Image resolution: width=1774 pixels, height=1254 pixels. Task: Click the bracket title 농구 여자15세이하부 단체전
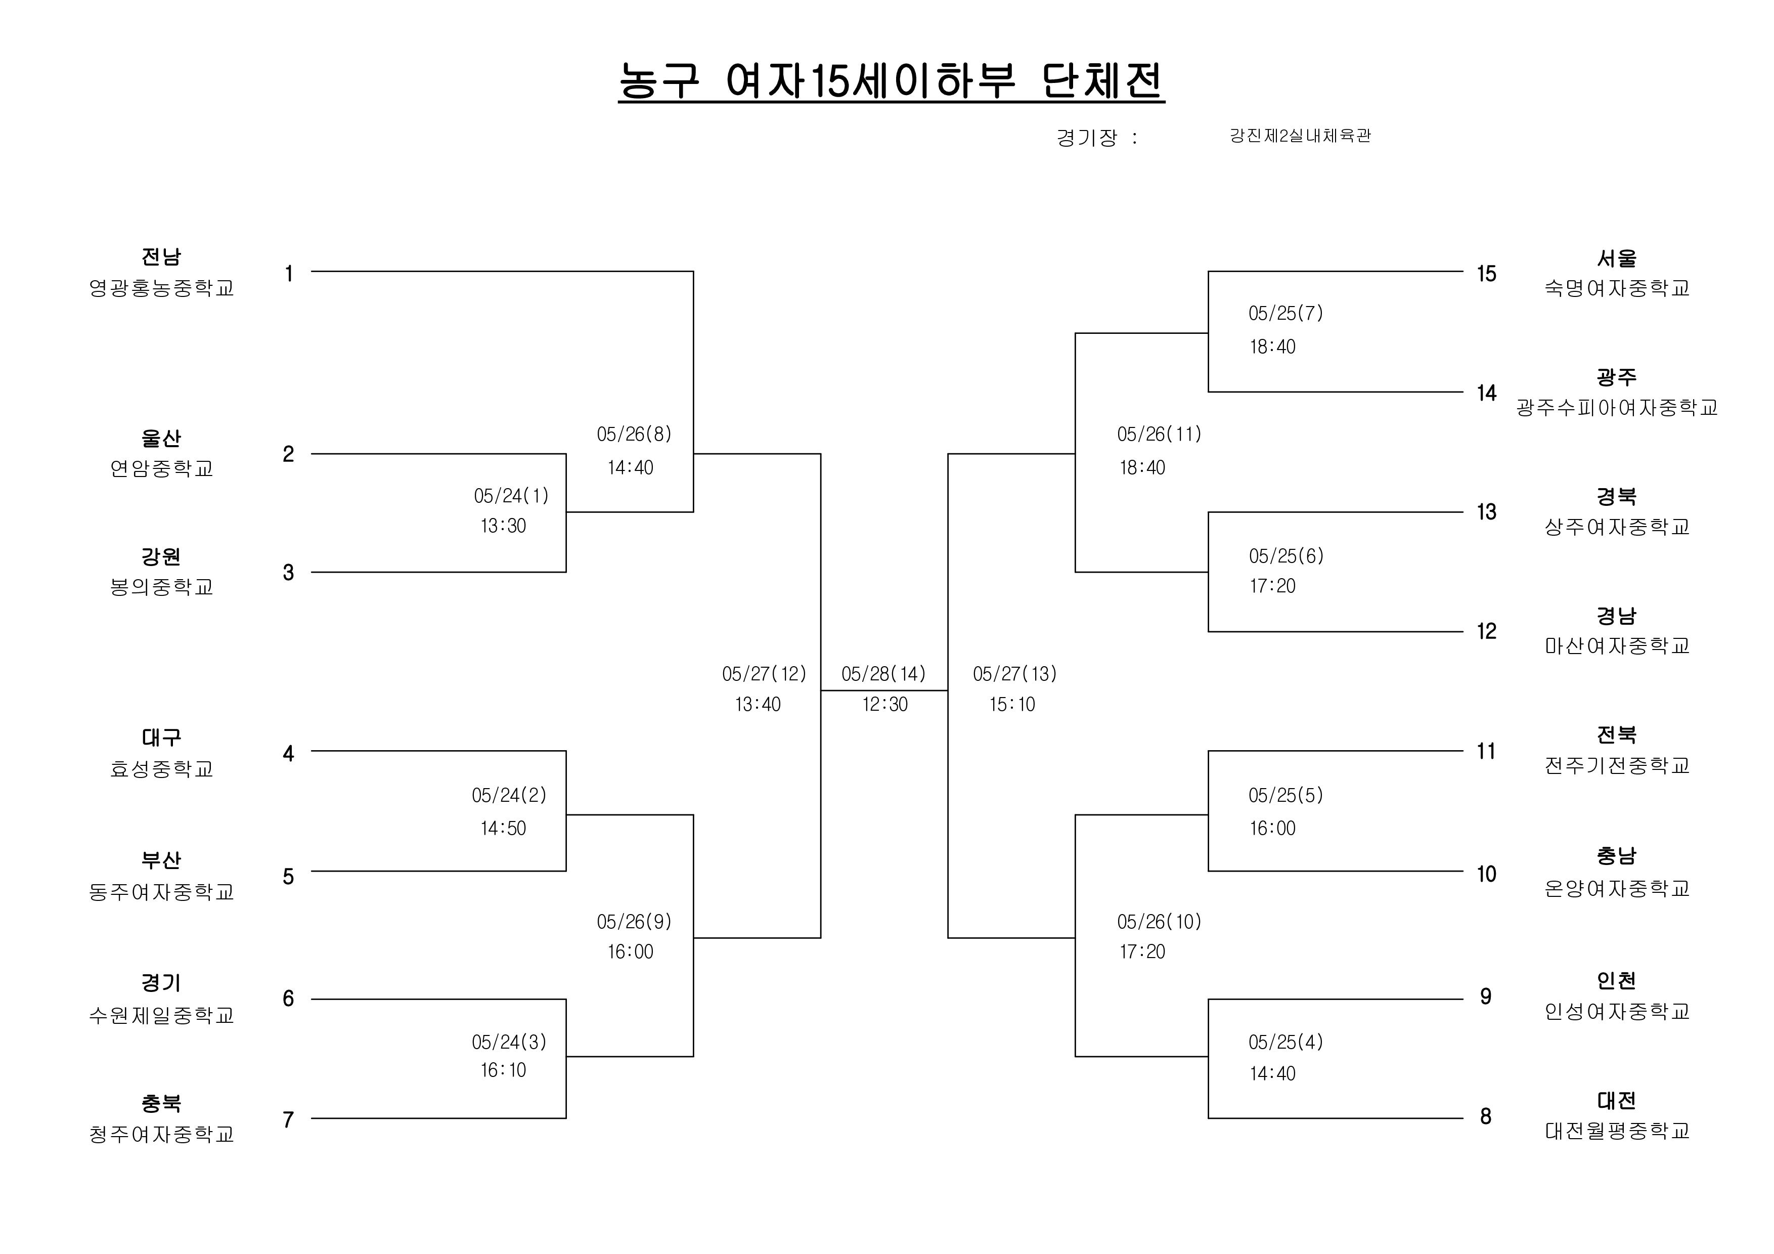(x=891, y=80)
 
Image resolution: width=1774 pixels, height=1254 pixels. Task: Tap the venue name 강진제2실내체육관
(x=1300, y=136)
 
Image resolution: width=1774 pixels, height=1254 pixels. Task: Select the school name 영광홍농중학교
(x=161, y=288)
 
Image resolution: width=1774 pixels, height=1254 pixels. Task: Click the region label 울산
(x=161, y=438)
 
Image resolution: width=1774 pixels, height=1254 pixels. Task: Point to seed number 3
(x=288, y=573)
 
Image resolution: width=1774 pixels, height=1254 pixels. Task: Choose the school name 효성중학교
(x=161, y=769)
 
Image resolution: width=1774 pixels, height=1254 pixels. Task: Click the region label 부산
(x=161, y=860)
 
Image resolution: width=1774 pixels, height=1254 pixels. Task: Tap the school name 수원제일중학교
(x=161, y=1015)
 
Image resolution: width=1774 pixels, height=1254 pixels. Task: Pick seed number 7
(x=288, y=1119)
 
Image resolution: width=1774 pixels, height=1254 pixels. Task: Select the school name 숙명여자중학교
(x=1617, y=288)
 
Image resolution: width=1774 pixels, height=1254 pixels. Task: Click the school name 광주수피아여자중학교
(x=1617, y=407)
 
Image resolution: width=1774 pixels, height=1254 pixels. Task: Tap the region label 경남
(x=1617, y=616)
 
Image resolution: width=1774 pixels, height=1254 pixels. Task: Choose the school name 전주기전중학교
(x=1617, y=765)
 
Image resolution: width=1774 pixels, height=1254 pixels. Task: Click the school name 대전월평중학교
(x=1617, y=1131)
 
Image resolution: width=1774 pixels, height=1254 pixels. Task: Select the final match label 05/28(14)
(x=884, y=674)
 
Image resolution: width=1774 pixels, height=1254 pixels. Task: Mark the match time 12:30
(x=885, y=704)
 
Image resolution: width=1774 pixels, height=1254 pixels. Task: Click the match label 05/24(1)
(x=511, y=495)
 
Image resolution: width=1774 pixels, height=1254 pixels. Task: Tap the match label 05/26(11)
(x=1159, y=434)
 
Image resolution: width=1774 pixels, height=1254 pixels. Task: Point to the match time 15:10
(x=1012, y=704)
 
